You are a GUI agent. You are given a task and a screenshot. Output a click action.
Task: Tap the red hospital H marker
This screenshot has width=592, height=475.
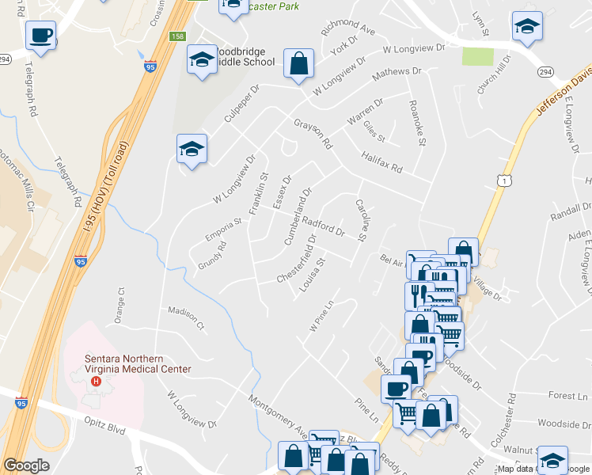pyautogui.click(x=97, y=382)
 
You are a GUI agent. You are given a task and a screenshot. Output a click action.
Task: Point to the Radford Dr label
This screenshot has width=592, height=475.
pyautogui.click(x=322, y=227)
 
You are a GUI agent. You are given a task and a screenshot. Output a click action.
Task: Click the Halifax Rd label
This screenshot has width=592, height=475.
pyautogui.click(x=382, y=163)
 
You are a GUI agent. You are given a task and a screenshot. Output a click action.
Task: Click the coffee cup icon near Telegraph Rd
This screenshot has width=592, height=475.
pyautogui.click(x=40, y=36)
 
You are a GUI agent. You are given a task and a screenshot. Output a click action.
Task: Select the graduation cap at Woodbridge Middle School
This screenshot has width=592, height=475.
pyautogui.click(x=202, y=59)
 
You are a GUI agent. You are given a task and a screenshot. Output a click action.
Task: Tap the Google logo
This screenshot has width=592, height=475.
pyautogui.click(x=26, y=465)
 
